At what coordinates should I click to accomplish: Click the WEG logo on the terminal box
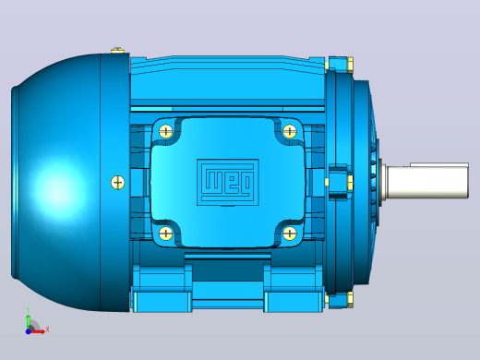(228, 182)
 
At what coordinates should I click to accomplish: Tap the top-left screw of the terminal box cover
(166, 131)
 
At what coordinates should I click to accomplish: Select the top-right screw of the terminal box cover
(289, 131)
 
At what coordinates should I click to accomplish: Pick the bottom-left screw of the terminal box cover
(166, 233)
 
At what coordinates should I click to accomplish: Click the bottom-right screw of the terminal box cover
(289, 233)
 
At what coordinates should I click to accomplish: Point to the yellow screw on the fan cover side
(117, 182)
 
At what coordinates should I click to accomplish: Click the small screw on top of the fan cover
(117, 50)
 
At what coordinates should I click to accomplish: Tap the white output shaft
(427, 182)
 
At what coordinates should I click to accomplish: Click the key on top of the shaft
(439, 164)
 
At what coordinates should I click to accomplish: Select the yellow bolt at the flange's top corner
(350, 65)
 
